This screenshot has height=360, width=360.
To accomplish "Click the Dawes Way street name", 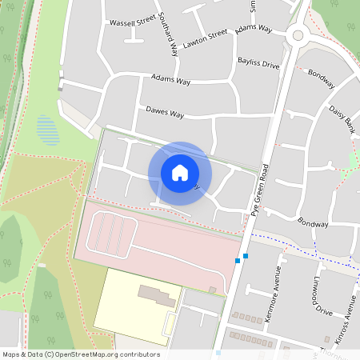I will click(165, 112).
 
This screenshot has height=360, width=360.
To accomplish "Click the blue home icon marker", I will click(180, 173).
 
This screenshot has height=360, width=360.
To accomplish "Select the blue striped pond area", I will click(48, 130).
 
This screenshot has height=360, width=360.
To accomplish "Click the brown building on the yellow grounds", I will click(157, 295).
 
